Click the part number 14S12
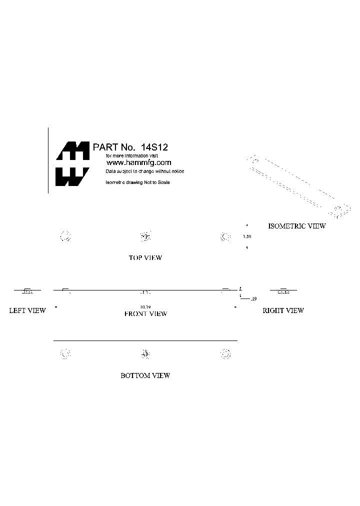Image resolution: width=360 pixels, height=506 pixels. pyautogui.click(x=154, y=147)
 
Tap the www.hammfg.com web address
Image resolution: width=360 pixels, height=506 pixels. pyautogui.click(x=139, y=162)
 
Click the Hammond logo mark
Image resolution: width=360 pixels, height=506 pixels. pyautogui.click(x=72, y=163)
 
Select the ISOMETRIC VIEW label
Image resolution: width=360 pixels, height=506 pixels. pyautogui.click(x=297, y=226)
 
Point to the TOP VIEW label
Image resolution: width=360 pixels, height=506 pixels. pyautogui.click(x=145, y=258)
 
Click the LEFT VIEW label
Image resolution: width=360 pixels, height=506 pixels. pyautogui.click(x=27, y=310)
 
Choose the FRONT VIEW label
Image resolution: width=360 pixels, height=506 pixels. pyautogui.click(x=145, y=314)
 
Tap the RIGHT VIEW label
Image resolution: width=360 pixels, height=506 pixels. pyautogui.click(x=283, y=310)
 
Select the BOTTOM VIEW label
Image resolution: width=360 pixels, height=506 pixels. pyautogui.click(x=145, y=375)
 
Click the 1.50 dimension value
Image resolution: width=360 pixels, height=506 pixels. pyautogui.click(x=246, y=236)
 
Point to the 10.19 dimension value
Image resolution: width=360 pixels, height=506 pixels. pyautogui.click(x=145, y=306)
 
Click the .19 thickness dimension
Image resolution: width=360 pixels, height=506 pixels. pyautogui.click(x=253, y=299)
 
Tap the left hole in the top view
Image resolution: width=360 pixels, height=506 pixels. pyautogui.click(x=65, y=236)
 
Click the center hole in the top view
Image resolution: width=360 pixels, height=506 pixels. pyautogui.click(x=145, y=236)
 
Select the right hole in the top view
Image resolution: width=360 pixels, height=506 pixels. pyautogui.click(x=225, y=236)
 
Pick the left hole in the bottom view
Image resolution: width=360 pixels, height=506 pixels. pyautogui.click(x=65, y=354)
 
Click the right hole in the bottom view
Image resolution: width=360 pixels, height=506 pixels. pyautogui.click(x=225, y=354)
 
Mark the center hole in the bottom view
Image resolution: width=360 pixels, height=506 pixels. pyautogui.click(x=145, y=354)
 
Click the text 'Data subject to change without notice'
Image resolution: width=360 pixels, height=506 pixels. pyautogui.click(x=145, y=171)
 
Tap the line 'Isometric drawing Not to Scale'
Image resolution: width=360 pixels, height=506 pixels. pyautogui.click(x=138, y=182)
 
